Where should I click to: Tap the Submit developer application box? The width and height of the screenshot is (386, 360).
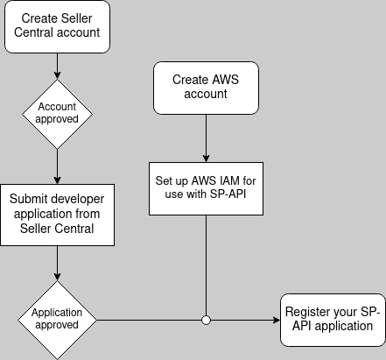pos(57,215)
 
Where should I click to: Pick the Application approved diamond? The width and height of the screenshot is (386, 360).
pos(57,319)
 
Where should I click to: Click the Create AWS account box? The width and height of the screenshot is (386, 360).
pos(206,87)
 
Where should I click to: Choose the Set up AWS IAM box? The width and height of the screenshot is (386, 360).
pos(206,186)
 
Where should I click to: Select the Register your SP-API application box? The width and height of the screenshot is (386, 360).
pos(332,319)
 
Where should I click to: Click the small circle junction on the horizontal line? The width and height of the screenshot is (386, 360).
pos(206,320)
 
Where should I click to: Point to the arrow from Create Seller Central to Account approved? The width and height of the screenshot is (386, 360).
pos(57,65)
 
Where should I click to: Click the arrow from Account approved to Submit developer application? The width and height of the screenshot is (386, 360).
pos(57,166)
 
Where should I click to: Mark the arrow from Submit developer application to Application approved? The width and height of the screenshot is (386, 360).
pos(57,263)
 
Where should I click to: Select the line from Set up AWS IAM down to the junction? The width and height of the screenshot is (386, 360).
pos(206,263)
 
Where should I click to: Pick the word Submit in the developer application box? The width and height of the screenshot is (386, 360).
pos(33,199)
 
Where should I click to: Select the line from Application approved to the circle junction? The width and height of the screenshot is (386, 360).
pos(149,320)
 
